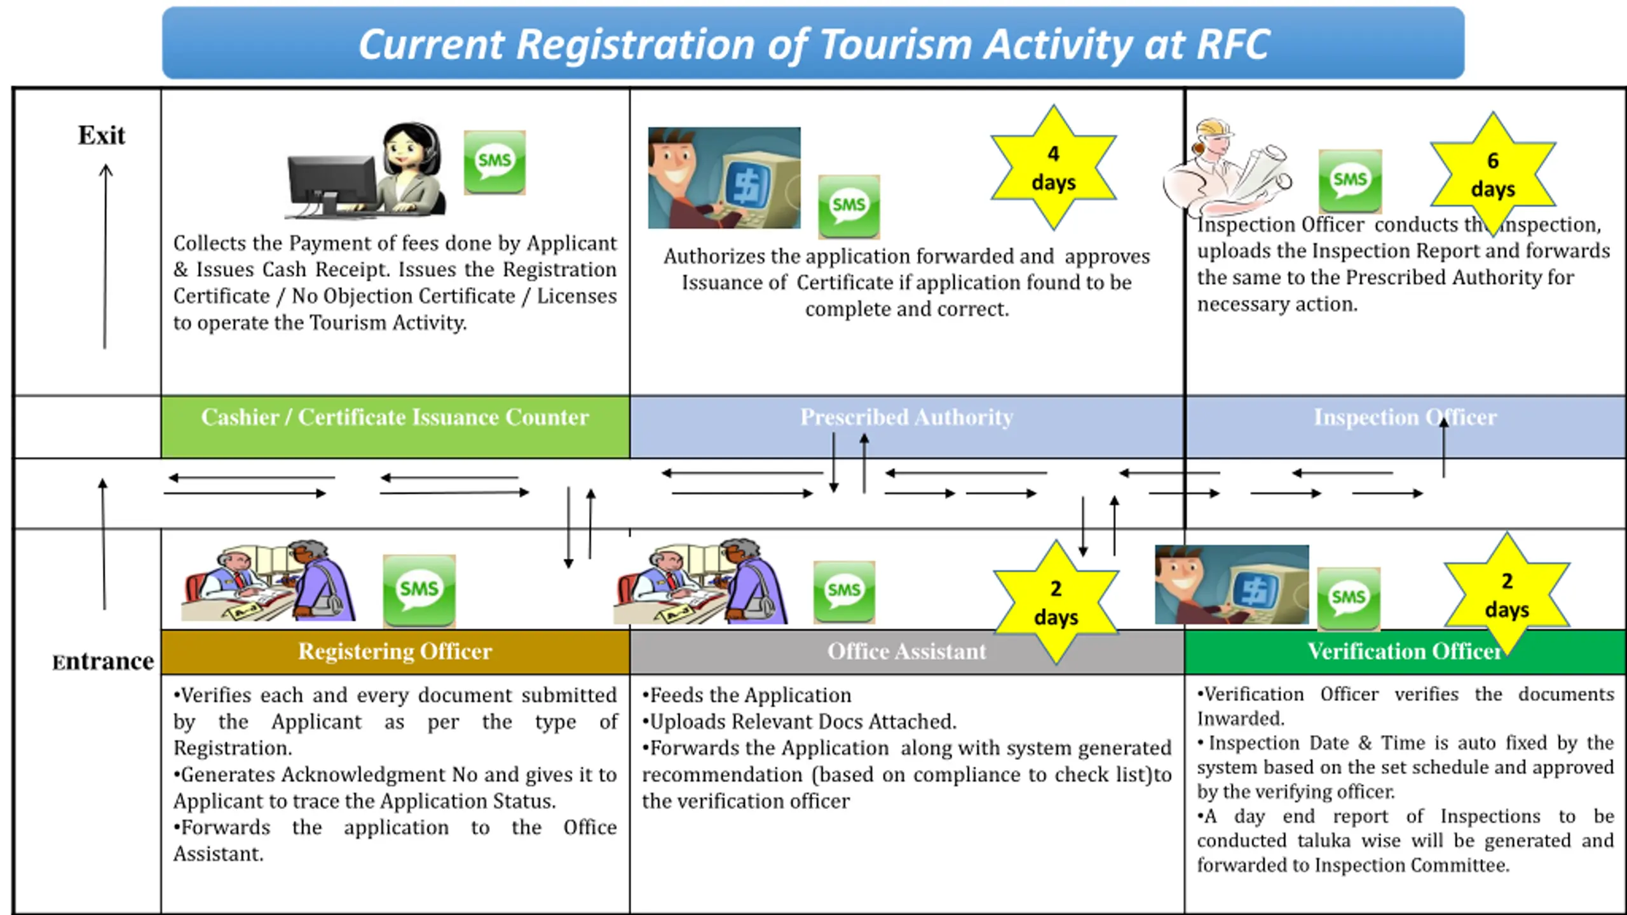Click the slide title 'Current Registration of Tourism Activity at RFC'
[x=813, y=44]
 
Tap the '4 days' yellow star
[x=1054, y=168]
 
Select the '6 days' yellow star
[x=1493, y=175]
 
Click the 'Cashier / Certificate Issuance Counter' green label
[x=395, y=417]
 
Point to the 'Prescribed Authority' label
[x=906, y=417]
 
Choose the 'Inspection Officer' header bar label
[x=1405, y=417]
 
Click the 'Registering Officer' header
[x=395, y=652]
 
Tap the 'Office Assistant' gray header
[x=907, y=652]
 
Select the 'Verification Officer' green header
[x=1405, y=652]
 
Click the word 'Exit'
[x=102, y=135]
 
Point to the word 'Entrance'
[x=103, y=662]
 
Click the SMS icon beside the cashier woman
[x=494, y=162]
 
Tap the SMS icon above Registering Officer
[x=419, y=591]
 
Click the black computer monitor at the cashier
[x=332, y=184]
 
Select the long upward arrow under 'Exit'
[x=106, y=257]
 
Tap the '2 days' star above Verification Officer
[x=1507, y=595]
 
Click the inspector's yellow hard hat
[x=1215, y=128]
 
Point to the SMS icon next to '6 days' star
[x=1350, y=181]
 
